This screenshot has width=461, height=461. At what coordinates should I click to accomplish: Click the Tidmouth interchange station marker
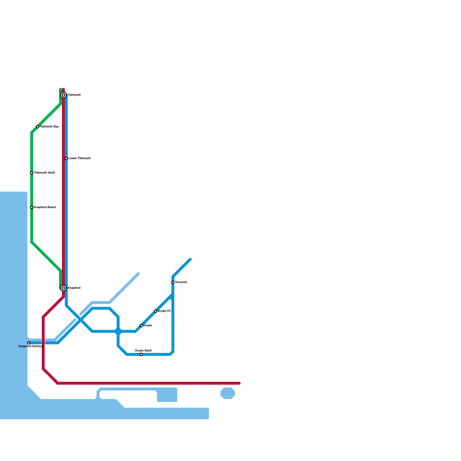point(63,95)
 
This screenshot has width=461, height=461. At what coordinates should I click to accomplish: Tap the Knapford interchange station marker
point(63,288)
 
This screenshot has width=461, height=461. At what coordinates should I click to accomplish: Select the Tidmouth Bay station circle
point(37,127)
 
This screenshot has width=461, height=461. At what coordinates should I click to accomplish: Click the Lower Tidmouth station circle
point(66,158)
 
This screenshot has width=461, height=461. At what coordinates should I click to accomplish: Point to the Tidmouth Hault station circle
point(32,173)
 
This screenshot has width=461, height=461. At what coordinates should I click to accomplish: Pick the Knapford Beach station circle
point(32,207)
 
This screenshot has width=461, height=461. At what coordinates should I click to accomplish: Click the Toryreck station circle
point(173,282)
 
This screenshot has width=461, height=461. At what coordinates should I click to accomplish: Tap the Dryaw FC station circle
point(156,311)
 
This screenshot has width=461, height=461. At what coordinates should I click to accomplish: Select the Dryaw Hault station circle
point(141,354)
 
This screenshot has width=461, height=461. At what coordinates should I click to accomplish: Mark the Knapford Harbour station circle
point(29,343)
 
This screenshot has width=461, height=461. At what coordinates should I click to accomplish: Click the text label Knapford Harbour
point(31,346)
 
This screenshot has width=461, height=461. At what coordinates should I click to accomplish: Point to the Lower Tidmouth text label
point(80,158)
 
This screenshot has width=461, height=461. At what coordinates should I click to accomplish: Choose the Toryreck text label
point(181,282)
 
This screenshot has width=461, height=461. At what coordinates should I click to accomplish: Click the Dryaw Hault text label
point(143,351)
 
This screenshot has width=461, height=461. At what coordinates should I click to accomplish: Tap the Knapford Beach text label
point(45,207)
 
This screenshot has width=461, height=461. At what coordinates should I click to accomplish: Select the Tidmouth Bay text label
point(49,127)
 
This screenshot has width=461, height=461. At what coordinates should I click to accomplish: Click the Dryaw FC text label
point(165,311)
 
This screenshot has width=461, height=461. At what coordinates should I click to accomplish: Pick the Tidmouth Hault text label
point(44,173)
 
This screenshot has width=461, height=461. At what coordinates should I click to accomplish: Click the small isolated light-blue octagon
point(228,393)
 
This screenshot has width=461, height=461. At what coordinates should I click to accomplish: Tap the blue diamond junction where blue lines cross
point(118,331)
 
